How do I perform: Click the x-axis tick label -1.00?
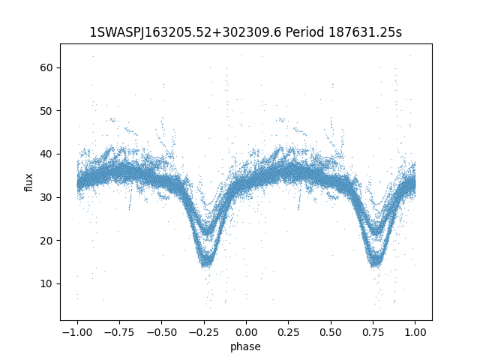point(76,332)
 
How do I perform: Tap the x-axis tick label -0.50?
point(160,332)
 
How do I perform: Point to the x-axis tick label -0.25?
point(203,332)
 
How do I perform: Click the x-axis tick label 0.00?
point(246,332)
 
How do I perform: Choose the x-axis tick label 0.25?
point(288,332)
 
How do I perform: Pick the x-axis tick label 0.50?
point(331,332)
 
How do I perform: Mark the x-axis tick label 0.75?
point(373,332)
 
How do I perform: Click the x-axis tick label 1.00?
point(415,332)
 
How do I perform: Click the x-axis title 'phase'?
point(246,346)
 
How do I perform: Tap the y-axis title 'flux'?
point(29,182)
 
